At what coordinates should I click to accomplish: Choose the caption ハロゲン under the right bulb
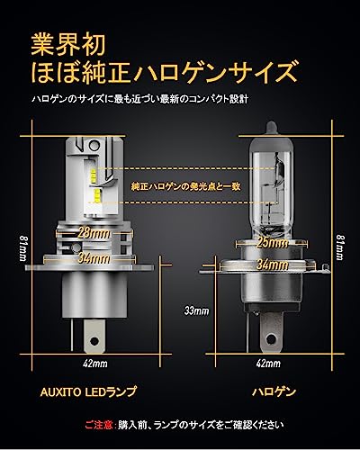coord(269,392)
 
